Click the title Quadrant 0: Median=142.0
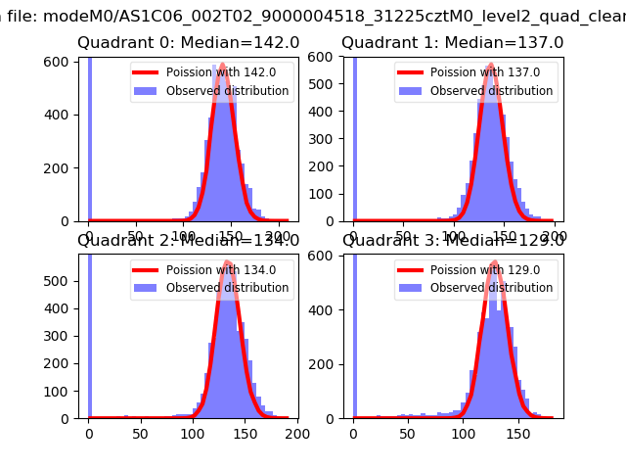(188, 43)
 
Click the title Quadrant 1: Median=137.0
(452, 43)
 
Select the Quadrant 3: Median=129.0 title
(452, 240)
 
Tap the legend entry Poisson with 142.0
(225, 72)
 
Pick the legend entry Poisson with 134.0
(225, 269)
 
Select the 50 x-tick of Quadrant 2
(140, 434)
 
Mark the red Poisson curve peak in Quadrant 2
(227, 262)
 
